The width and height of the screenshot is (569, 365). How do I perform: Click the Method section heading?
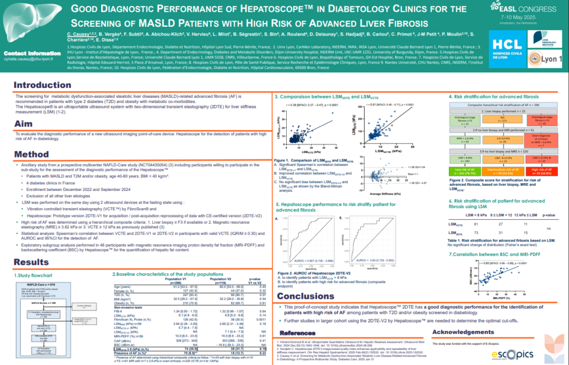[x=31, y=154]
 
